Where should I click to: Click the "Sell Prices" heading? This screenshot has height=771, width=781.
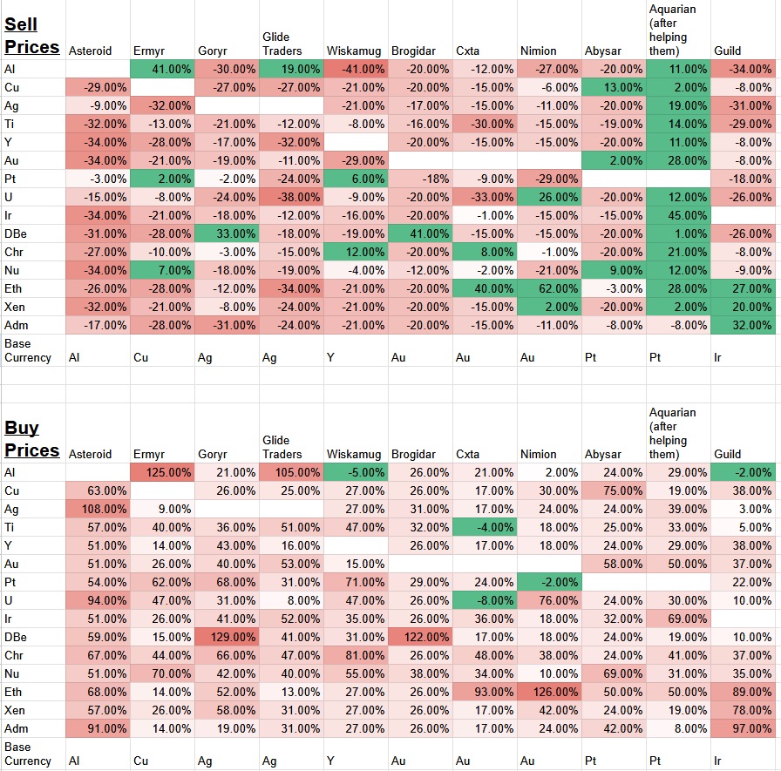click(x=32, y=36)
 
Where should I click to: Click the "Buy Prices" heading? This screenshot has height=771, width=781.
click(x=32, y=439)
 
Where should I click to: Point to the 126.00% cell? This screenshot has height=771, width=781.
click(x=549, y=692)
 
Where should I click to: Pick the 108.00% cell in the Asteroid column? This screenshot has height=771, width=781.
click(x=98, y=509)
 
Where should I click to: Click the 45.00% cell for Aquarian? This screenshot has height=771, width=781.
click(x=678, y=215)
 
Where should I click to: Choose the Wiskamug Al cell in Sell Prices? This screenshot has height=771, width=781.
click(x=356, y=69)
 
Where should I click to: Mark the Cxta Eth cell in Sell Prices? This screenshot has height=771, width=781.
click(x=485, y=288)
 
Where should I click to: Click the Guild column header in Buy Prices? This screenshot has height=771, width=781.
click(x=728, y=454)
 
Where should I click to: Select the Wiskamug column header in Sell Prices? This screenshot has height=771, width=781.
click(x=354, y=51)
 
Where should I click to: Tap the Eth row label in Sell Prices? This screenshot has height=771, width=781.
click(x=12, y=288)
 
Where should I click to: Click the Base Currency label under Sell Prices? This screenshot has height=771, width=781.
click(x=28, y=350)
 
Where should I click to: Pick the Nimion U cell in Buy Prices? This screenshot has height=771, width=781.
click(x=549, y=600)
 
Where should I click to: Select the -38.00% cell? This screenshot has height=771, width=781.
click(x=291, y=197)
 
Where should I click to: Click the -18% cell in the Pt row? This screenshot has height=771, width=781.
click(x=420, y=179)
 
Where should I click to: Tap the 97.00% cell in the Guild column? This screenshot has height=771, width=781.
click(x=743, y=728)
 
